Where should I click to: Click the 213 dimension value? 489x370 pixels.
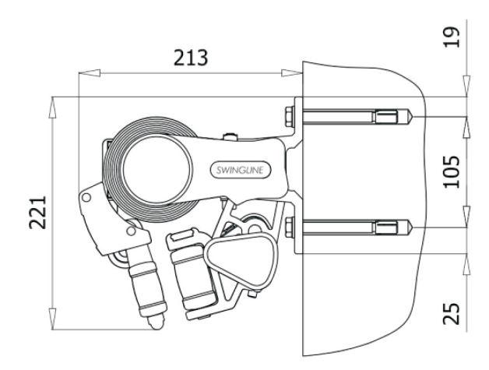pos(191,58)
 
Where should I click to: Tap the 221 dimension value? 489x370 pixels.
pos(37,213)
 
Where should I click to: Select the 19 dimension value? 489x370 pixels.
pos(452,37)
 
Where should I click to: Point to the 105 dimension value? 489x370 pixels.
pos(452,171)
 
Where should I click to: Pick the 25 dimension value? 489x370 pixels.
pos(452,314)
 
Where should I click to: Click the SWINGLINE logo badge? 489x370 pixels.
pos(240,170)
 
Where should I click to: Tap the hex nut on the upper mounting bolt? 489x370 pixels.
pos(290,117)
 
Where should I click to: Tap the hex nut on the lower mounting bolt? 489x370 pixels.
pos(290,227)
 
